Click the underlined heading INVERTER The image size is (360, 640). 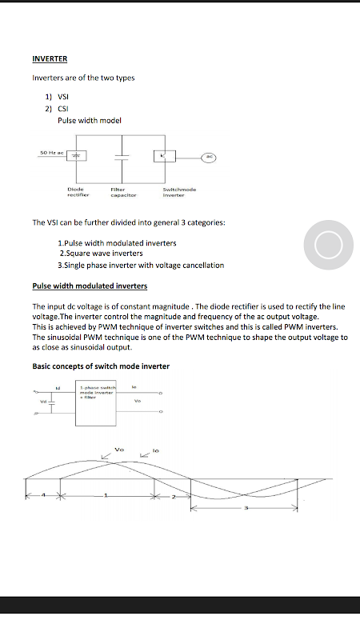tap(50, 58)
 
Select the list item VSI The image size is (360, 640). tap(63, 97)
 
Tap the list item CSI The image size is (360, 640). tap(63, 109)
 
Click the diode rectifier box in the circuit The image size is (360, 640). tap(76, 155)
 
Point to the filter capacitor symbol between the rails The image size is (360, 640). tap(122, 158)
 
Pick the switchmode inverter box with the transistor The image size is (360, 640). tap(165, 156)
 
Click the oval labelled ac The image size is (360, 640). tap(209, 157)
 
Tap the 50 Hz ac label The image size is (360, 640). tap(52, 153)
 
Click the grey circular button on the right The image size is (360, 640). tap(329, 245)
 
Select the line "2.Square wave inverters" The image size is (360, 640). tap(102, 254)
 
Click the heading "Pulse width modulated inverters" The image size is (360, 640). tap(90, 286)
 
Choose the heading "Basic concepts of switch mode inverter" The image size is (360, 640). tap(101, 366)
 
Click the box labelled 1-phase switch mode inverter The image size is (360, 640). tap(96, 403)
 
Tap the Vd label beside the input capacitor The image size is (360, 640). tap(43, 402)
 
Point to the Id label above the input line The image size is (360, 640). tap(58, 388)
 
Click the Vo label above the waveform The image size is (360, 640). tap(119, 450)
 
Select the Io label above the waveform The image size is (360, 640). tap(155, 450)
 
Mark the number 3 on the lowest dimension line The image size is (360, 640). tap(246, 508)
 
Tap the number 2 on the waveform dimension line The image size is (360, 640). tap(173, 497)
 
